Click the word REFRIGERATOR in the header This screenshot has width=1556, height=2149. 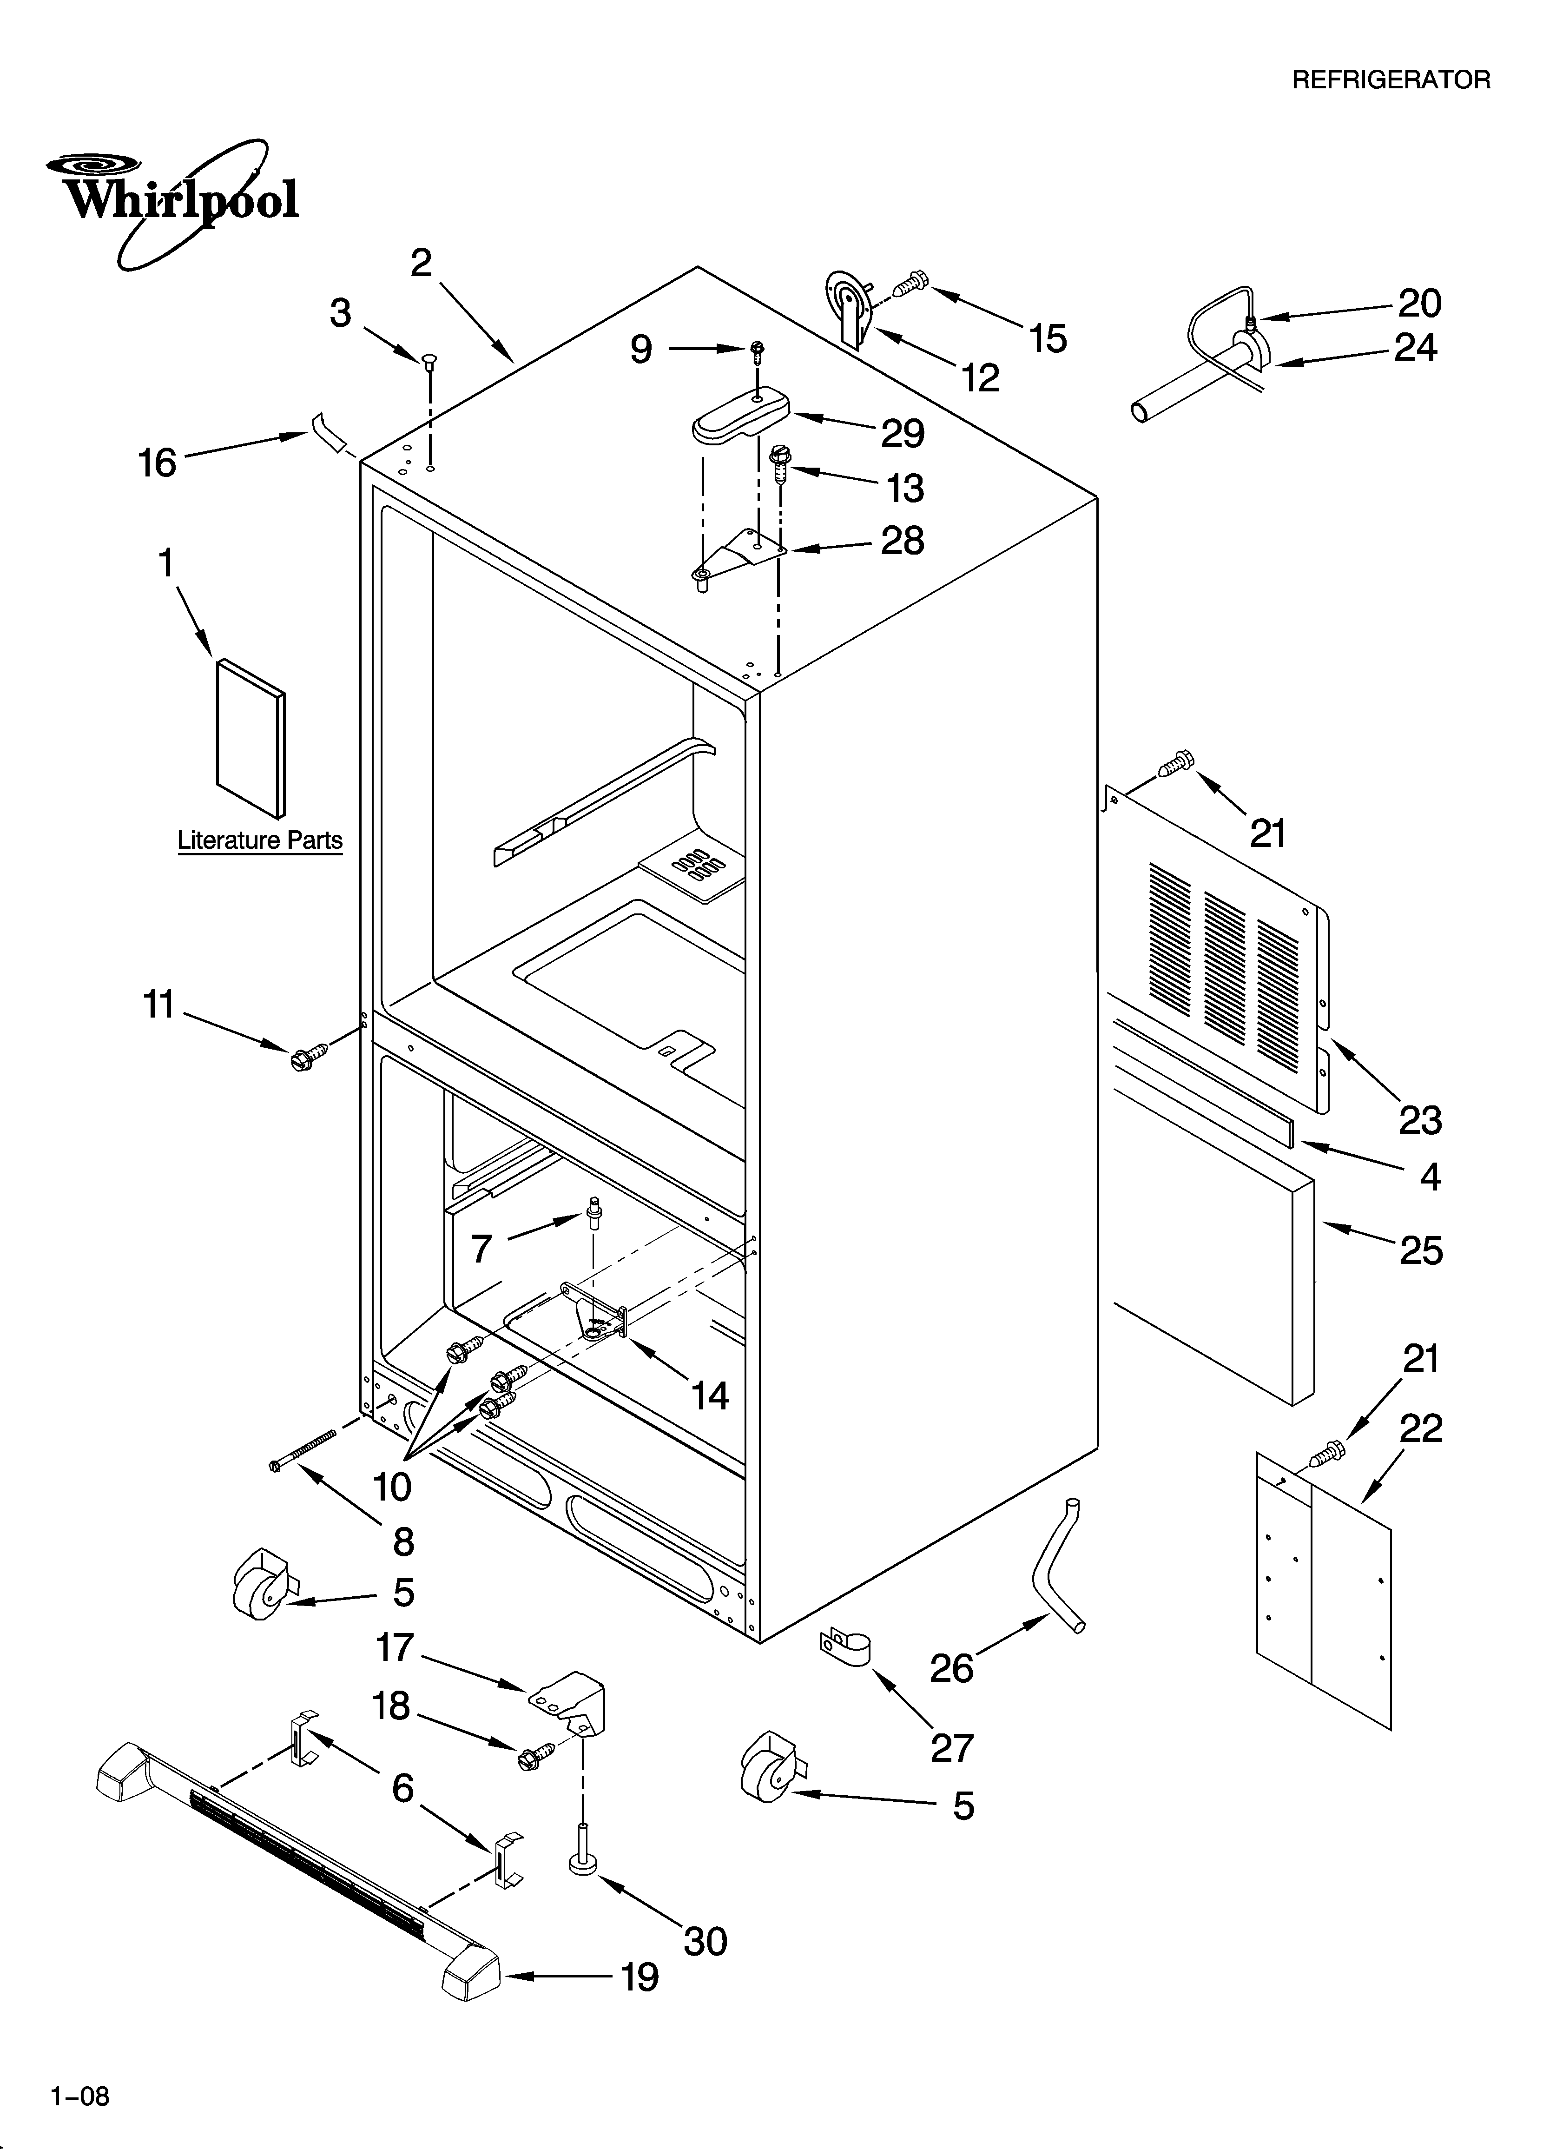pyautogui.click(x=1390, y=80)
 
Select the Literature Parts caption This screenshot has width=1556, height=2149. pyautogui.click(x=260, y=840)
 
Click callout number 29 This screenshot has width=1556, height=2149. pyautogui.click(x=902, y=434)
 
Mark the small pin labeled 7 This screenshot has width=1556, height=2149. pyautogui.click(x=594, y=1209)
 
